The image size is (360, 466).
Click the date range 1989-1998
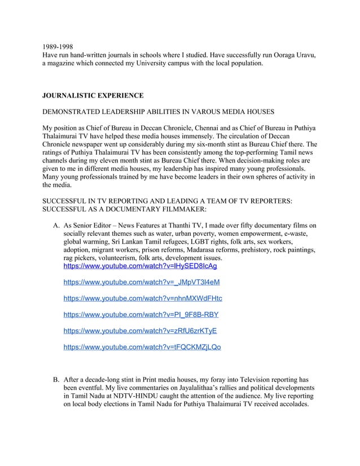[x=58, y=46]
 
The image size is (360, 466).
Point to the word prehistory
[x=274, y=249]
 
